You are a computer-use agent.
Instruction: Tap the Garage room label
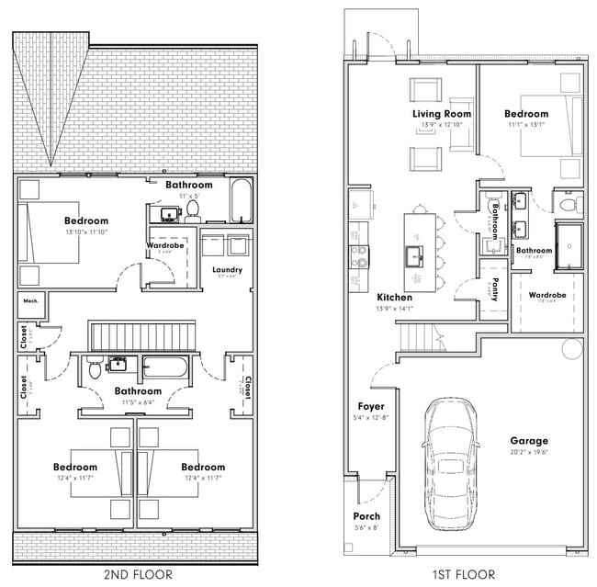tap(529, 441)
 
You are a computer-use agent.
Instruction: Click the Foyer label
tap(371, 406)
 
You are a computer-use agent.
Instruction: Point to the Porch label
tap(366, 516)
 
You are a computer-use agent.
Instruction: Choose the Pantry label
tap(494, 290)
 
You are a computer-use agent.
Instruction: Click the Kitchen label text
tap(395, 298)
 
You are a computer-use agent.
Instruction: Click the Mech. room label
tap(29, 300)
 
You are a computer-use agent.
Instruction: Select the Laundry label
tap(227, 269)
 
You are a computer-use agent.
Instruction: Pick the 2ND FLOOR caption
tap(136, 574)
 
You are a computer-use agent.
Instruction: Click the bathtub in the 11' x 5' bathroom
tap(240, 202)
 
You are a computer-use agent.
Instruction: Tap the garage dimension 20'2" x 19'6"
tap(529, 453)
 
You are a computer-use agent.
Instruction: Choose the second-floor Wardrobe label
tap(167, 245)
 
